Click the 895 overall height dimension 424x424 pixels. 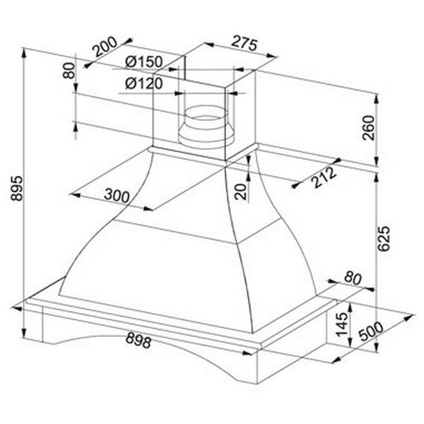17,188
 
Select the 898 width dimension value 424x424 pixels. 139,340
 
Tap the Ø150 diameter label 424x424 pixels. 144,62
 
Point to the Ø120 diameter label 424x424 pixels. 144,83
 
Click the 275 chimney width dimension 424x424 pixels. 245,43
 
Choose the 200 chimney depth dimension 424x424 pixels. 105,47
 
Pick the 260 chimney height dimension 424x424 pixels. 369,128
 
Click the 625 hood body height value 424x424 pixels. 384,239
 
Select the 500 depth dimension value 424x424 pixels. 371,331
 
